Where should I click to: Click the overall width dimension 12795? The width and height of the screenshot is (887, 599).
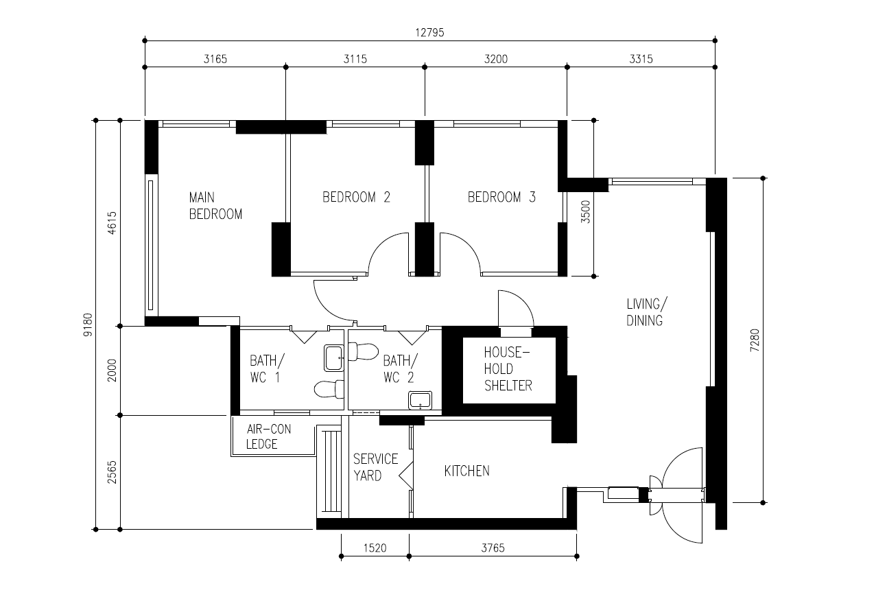point(429,32)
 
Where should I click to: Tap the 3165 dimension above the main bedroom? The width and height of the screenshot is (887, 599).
point(215,59)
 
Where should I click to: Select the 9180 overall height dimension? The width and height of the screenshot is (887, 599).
point(88,325)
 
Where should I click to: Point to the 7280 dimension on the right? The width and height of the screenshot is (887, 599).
point(755,340)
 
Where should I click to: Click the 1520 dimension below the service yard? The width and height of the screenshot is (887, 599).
point(375,548)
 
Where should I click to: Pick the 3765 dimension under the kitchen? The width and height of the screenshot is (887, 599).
point(493,548)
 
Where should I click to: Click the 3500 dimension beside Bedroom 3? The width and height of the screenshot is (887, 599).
point(585,212)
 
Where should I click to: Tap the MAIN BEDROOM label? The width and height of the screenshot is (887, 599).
point(215,206)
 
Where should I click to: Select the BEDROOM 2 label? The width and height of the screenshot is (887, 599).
point(357,197)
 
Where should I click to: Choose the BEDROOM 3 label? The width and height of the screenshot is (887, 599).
point(501,197)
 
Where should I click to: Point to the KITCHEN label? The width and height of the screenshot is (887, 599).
point(467,471)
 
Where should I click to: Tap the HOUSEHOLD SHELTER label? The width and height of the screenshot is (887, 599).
point(508,369)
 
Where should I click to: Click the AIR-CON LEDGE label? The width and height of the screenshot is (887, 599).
point(268,436)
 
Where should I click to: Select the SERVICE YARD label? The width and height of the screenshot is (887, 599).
point(375,467)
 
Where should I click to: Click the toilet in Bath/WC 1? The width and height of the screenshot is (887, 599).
point(329,389)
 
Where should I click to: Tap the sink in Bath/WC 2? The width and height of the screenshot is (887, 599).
point(420,401)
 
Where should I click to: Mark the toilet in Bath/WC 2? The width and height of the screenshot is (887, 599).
point(363,351)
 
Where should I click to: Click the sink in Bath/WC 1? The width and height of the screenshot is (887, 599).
point(333,358)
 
